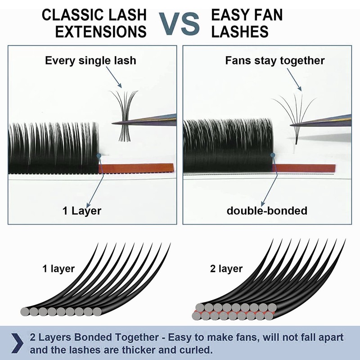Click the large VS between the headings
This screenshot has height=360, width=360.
pos(179,24)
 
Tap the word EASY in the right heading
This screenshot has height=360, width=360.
pos(232,15)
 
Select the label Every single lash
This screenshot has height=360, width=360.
pos(90,61)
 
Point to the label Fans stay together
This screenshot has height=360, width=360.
pos(275,61)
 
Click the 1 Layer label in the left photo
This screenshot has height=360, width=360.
pos(82,211)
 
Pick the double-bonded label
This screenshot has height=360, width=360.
pos(267,211)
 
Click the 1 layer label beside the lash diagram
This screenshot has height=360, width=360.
pos(58,269)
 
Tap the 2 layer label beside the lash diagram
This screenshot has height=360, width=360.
pos(226,269)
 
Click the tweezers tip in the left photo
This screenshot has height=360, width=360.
pos(113,123)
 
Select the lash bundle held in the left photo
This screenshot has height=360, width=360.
pos(124,116)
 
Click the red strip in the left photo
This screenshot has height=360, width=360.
pos(136,168)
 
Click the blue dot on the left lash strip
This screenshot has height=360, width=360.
pos(99,156)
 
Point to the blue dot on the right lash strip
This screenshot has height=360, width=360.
pos(273,155)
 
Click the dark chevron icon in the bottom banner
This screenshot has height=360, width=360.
pos(17,343)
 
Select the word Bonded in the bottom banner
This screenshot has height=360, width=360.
pos(94,337)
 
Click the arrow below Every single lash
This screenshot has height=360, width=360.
pos(114,77)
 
